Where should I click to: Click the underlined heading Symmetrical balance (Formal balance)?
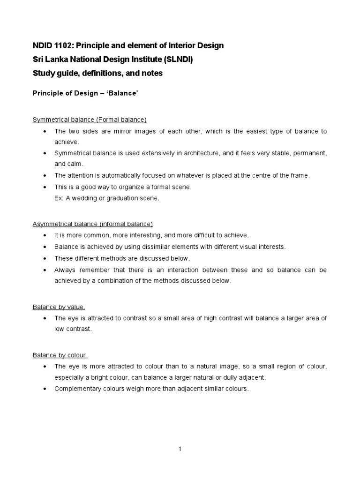pyautogui.click(x=90, y=120)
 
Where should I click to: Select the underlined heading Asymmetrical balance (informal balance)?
pyautogui.click(x=92, y=224)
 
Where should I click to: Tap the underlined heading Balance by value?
pyautogui.click(x=59, y=307)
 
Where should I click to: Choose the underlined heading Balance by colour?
pyautogui.click(x=60, y=355)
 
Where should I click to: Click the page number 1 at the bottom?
pyautogui.click(x=180, y=449)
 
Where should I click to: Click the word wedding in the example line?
pyautogui.click(x=83, y=198)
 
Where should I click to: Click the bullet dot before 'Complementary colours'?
pyautogui.click(x=44, y=389)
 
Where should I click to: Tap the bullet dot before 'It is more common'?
pyautogui.click(x=44, y=235)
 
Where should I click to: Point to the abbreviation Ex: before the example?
pyautogui.click(x=59, y=198)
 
